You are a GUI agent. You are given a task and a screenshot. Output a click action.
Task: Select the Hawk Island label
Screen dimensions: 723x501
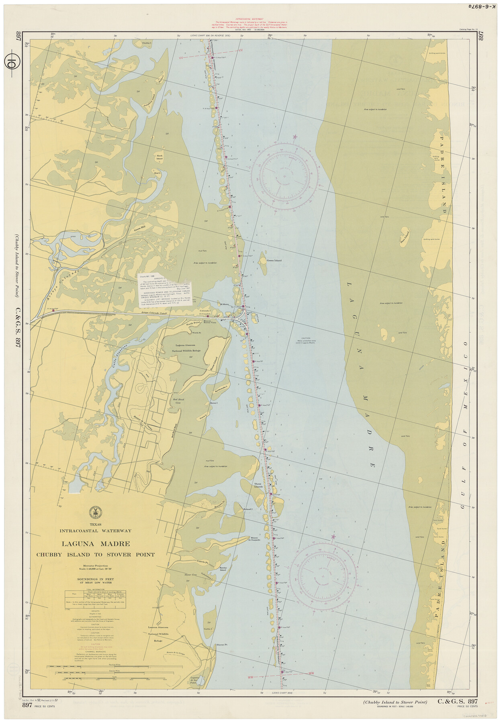(x=160, y=157)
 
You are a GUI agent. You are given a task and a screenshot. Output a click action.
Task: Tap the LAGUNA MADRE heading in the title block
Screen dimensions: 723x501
(x=96, y=544)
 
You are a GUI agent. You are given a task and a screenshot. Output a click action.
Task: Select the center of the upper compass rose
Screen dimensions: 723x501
(x=285, y=176)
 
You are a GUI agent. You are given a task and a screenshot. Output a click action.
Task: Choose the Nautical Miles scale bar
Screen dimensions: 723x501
(x=96, y=666)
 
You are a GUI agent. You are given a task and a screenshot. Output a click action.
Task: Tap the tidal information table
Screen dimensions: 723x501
(x=96, y=598)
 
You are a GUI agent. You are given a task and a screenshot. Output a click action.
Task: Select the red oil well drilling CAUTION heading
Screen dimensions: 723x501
(x=96, y=643)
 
